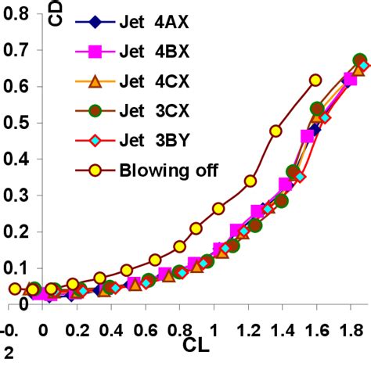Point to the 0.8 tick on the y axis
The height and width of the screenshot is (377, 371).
coord(15,15)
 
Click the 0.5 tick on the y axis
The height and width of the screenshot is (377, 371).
coord(15,123)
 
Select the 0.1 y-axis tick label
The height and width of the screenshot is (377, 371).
coord(15,267)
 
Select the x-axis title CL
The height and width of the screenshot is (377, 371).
coord(197,344)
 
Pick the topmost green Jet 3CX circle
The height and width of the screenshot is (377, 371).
coord(360,60)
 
